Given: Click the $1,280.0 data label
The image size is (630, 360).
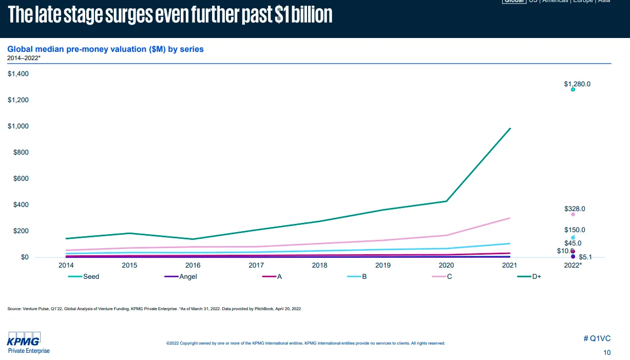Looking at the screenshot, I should click(577, 84).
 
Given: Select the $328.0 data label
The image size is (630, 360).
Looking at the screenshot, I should click(575, 209).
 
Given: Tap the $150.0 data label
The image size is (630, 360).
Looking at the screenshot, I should click(575, 230).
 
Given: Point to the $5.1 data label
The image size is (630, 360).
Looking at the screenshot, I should click(585, 257).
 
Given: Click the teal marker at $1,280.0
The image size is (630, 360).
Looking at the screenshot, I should click(573, 89).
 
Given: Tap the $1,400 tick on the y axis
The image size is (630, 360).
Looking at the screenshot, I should click(18, 74).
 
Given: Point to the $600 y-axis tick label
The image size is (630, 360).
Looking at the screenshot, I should click(21, 179).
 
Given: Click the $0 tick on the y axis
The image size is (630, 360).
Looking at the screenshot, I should click(25, 257).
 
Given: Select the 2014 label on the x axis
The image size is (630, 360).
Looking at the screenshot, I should click(66, 266).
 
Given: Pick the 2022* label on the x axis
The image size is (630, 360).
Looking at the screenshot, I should click(573, 266).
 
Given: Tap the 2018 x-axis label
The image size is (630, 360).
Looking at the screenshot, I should click(319, 266).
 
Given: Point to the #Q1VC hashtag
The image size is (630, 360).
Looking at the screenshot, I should click(597, 338).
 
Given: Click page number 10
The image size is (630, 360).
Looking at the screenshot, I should click(607, 353).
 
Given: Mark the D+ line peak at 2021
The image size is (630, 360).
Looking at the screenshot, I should click(510, 128).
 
